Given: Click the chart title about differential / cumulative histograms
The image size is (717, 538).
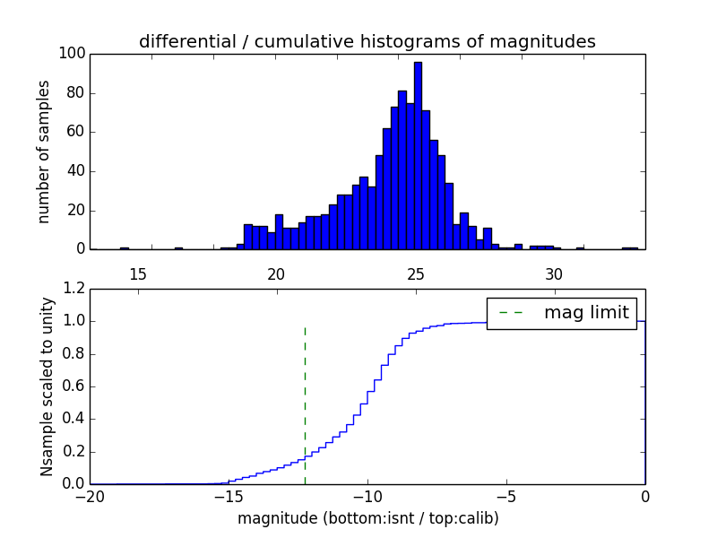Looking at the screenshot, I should pyautogui.click(x=367, y=42).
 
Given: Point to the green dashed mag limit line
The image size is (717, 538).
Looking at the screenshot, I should pyautogui.click(x=305, y=403).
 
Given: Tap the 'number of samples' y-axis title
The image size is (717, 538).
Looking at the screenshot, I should pyautogui.click(x=44, y=152).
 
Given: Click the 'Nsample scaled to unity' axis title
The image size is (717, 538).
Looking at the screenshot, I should pyautogui.click(x=47, y=386).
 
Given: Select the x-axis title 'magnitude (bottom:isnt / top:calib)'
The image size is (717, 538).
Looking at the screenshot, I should pyautogui.click(x=367, y=518).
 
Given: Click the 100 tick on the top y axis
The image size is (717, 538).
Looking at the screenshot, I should pyautogui.click(x=73, y=54).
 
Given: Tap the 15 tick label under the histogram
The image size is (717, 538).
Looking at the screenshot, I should pyautogui.click(x=137, y=273).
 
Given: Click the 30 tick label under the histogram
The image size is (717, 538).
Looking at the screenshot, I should pyautogui.click(x=554, y=273).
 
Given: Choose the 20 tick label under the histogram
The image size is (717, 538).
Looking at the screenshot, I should pyautogui.click(x=276, y=273).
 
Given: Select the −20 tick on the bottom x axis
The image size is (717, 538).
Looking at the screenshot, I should pyautogui.click(x=90, y=497).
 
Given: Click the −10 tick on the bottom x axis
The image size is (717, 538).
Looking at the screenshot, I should pyautogui.click(x=367, y=497).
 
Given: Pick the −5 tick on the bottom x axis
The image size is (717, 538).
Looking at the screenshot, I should pyautogui.click(x=505, y=497).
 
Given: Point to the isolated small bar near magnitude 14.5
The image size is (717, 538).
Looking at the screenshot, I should pyautogui.click(x=124, y=247).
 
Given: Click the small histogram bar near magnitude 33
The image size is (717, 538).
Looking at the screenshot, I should pyautogui.click(x=630, y=247).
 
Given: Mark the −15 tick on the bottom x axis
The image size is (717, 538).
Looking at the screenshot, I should pyautogui.click(x=228, y=497).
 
